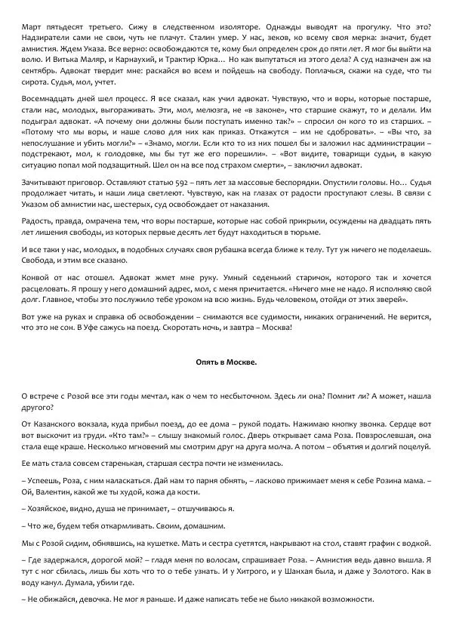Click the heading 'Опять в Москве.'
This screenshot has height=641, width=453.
click(226, 361)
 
